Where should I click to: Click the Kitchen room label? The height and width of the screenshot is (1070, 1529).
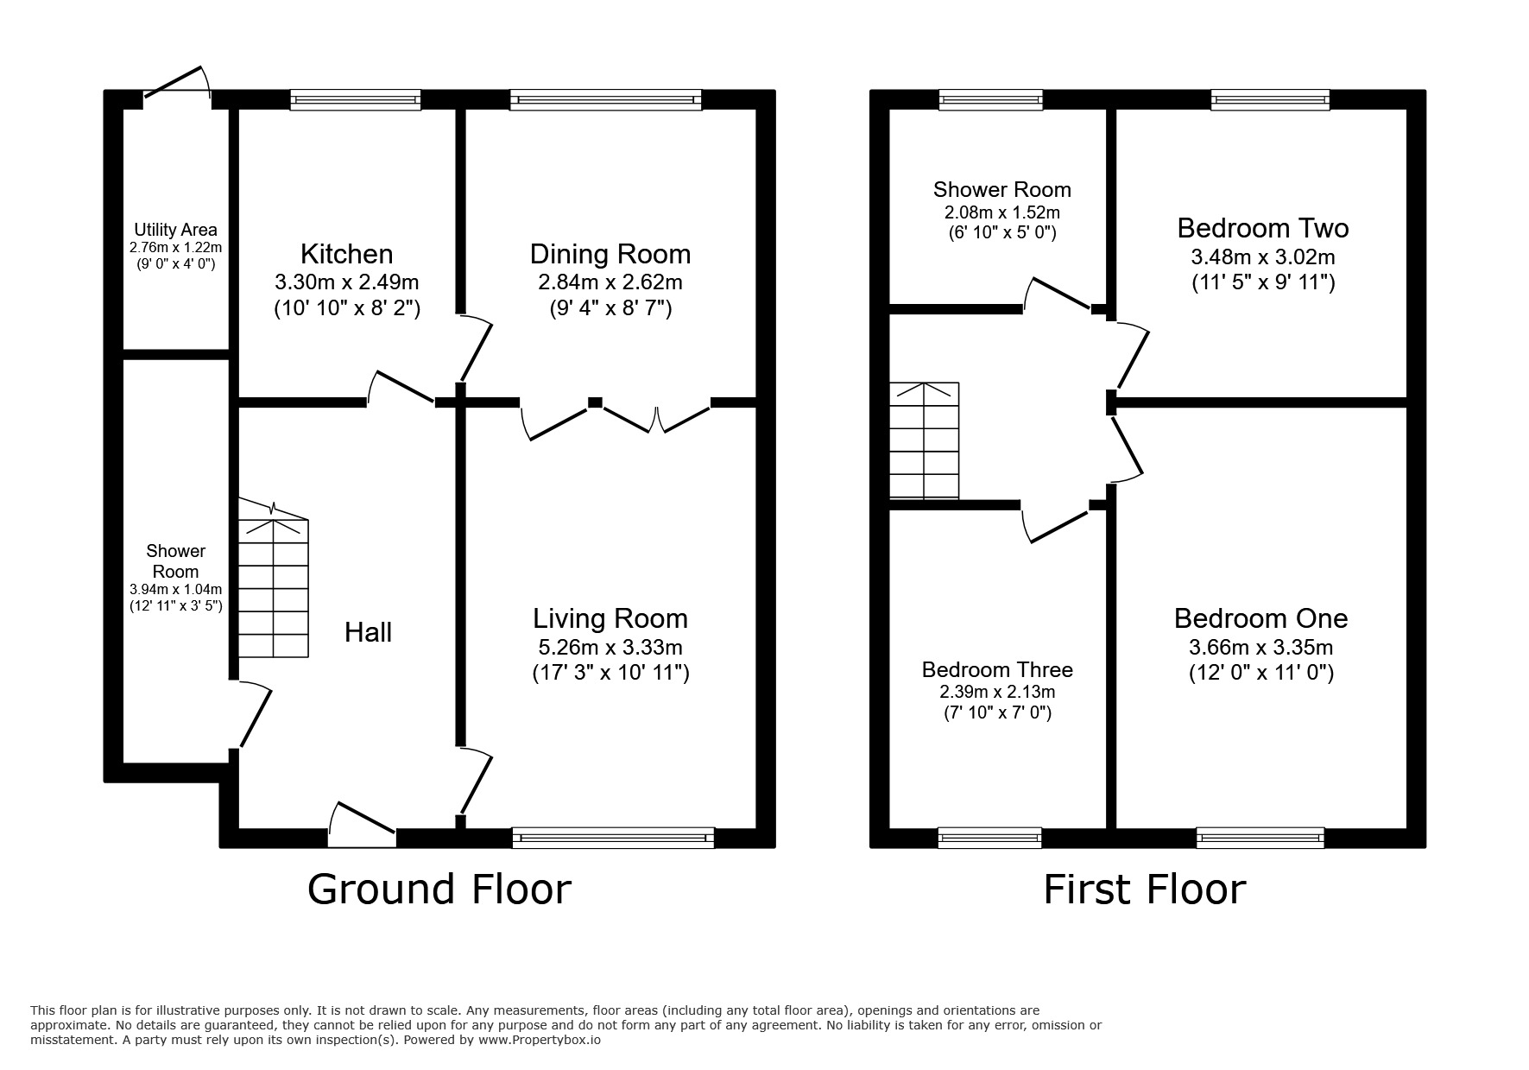click(x=346, y=254)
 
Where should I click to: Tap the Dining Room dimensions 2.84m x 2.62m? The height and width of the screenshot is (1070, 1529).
click(x=610, y=282)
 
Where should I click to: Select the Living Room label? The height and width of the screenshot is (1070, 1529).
click(x=610, y=618)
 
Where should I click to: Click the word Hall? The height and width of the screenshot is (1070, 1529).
click(x=368, y=632)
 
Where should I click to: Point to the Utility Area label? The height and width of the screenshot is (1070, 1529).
click(x=175, y=230)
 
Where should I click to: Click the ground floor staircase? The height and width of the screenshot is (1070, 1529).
click(x=273, y=587)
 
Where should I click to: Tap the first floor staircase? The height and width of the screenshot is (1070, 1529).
click(x=924, y=440)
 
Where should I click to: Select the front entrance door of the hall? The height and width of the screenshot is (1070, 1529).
click(x=363, y=825)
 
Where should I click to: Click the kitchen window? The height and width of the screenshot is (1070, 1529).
click(x=355, y=100)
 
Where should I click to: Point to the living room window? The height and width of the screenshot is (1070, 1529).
click(x=613, y=836)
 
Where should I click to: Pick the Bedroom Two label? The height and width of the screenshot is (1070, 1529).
click(x=1262, y=228)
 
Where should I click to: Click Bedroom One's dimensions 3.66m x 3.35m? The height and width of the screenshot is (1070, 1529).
click(x=1260, y=647)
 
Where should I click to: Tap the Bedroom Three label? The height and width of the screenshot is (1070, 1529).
click(x=997, y=669)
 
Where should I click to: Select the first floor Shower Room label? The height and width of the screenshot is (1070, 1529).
click(x=1001, y=189)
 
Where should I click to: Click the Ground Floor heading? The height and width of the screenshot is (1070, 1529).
click(x=439, y=889)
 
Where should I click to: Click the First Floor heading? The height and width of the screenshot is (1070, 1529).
click(x=1144, y=889)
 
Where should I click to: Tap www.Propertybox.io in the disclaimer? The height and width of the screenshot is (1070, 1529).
click(x=540, y=1041)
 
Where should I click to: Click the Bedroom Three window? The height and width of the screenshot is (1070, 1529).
click(x=989, y=836)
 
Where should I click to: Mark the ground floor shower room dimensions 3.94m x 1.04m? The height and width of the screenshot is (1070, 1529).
click(x=175, y=590)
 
